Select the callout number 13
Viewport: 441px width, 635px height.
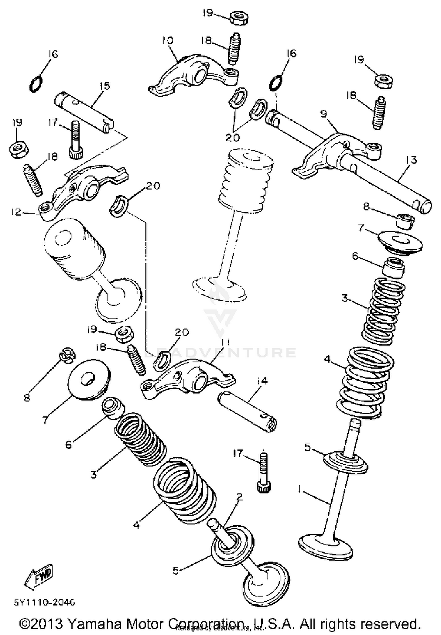click(x=412, y=160)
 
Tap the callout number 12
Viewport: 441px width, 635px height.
click(x=17, y=212)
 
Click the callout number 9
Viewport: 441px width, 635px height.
click(x=324, y=114)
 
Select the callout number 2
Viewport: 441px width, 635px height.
click(x=240, y=497)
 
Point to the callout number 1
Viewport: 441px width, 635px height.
click(x=300, y=489)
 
